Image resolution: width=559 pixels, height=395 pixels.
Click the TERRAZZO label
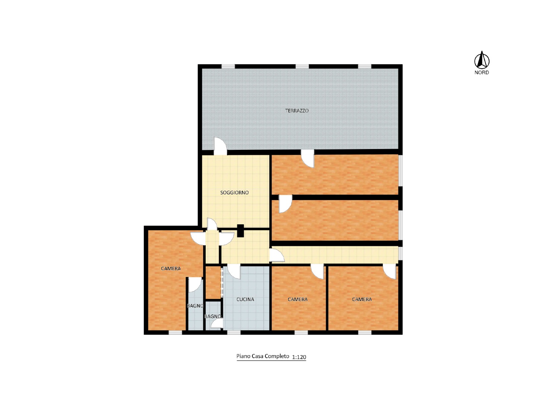tap(297, 111)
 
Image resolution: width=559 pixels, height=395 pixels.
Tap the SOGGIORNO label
tap(234, 193)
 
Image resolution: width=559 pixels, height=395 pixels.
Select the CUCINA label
tap(245, 299)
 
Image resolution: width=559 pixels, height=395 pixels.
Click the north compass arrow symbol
tap(481, 60)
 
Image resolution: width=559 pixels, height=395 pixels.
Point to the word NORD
tap(481, 73)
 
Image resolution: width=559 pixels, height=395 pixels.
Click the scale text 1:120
tap(299, 357)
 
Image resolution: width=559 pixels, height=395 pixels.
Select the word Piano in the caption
tap(243, 356)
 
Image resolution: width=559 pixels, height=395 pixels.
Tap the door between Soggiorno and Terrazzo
tap(220, 146)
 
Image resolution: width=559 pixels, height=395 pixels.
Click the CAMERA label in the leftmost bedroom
tap(171, 269)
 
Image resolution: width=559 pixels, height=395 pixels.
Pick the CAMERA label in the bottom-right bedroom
tap(362, 299)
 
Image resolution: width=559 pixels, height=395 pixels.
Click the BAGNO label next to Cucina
tap(213, 316)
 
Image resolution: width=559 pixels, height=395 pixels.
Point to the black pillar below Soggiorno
tap(240, 231)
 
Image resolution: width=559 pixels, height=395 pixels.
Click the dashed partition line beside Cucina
tap(222, 282)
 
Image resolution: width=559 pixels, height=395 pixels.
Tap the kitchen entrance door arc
tap(234, 272)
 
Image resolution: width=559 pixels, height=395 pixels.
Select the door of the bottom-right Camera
tap(389, 272)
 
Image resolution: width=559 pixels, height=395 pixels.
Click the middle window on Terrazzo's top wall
tap(302, 66)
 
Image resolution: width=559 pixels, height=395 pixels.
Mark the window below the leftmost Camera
tap(175, 332)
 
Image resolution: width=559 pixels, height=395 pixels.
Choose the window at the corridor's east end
tap(400, 253)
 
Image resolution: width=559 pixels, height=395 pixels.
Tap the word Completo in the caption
tap(277, 356)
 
